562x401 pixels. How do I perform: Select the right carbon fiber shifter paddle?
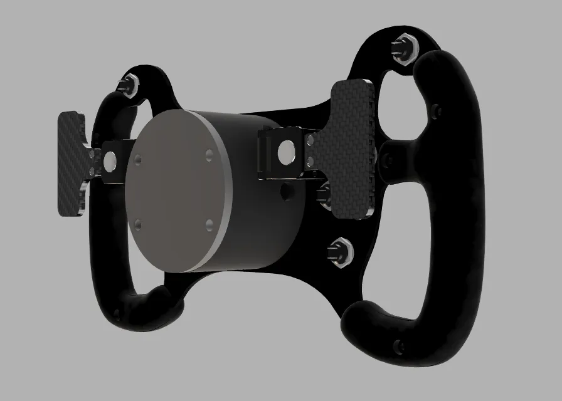coord(351,147)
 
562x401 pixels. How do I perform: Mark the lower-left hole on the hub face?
coord(138,224)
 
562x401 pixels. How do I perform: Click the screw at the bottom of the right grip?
coord(396,345)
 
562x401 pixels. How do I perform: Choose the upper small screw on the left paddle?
coord(93,154)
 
